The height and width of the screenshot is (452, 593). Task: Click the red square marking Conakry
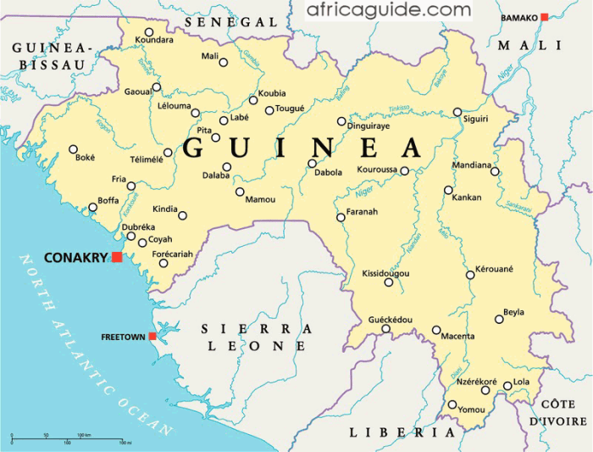tap(116, 257)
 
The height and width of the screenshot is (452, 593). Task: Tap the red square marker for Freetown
tap(152, 337)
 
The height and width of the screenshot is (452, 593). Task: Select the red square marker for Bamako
tap(545, 17)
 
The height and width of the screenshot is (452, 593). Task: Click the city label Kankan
tap(466, 198)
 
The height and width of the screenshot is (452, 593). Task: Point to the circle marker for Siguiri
tap(457, 112)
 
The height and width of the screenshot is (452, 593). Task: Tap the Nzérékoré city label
tap(476, 382)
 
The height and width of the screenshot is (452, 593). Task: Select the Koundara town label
tap(153, 39)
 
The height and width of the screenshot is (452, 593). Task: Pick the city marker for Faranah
tap(341, 217)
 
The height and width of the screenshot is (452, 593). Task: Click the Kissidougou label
tap(385, 274)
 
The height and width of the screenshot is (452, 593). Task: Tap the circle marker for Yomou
tap(452, 405)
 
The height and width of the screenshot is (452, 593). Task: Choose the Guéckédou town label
tap(390, 320)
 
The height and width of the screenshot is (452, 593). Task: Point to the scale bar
tap(68, 439)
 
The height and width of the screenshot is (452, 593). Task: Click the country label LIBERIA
tap(402, 432)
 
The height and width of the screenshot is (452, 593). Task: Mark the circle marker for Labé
tap(224, 120)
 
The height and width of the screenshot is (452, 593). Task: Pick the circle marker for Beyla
tap(500, 320)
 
